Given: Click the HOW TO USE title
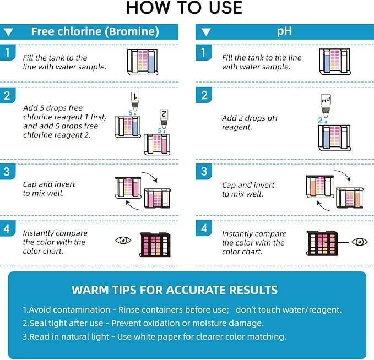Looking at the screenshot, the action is (184, 8).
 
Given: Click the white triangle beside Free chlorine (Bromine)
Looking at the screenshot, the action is (9, 32).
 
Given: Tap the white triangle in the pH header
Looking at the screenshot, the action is (206, 32).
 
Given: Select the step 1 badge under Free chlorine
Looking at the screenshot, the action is (8, 52).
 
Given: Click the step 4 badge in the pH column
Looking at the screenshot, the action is (204, 228).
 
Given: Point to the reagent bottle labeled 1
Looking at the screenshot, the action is (135, 101).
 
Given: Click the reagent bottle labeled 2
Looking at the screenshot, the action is (164, 119).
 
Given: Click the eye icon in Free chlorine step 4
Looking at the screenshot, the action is (123, 240).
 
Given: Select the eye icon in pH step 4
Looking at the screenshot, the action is (360, 242).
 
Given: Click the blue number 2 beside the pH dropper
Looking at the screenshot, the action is (321, 121).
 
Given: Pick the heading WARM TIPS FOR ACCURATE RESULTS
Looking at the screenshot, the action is (175, 290).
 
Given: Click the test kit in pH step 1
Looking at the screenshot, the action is (335, 62).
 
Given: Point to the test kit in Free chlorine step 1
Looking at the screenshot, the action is (143, 62).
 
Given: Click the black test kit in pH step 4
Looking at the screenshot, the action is (322, 243).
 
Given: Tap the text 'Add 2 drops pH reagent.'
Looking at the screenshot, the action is (250, 123).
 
